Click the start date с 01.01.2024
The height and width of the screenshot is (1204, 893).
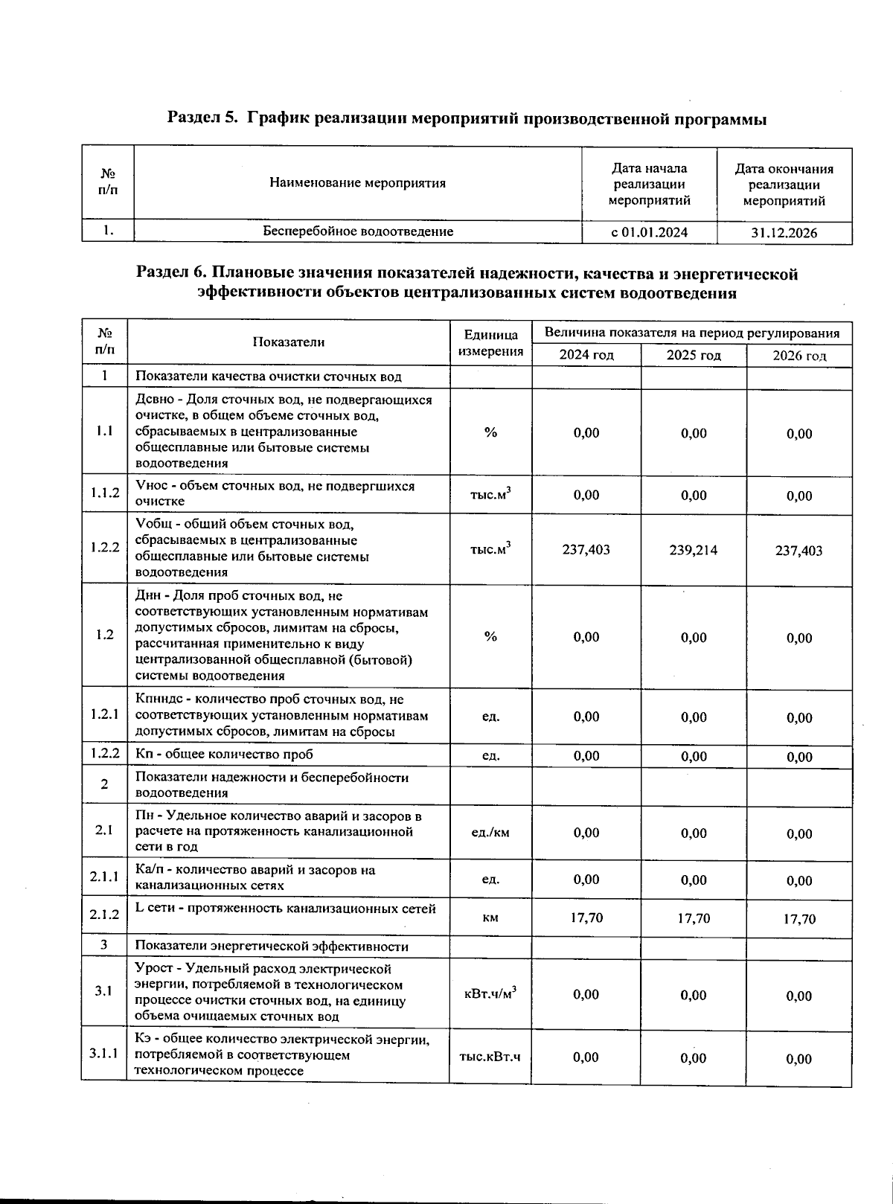(x=649, y=232)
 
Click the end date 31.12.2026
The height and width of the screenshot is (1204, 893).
(x=784, y=233)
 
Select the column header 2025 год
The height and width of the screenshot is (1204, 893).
(x=694, y=356)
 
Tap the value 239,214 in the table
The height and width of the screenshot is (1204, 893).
(x=694, y=550)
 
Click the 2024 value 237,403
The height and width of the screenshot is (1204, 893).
(x=586, y=549)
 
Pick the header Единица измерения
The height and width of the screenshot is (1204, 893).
(x=490, y=343)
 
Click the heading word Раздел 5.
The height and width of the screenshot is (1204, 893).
(x=202, y=118)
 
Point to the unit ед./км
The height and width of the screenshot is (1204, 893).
(x=490, y=833)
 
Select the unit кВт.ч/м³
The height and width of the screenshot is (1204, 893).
(x=490, y=994)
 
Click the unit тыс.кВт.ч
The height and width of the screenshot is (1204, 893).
(x=490, y=1057)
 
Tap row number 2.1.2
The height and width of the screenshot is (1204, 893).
(x=104, y=915)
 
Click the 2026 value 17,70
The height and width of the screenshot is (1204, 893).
(x=799, y=919)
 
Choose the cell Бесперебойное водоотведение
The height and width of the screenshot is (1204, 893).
(x=358, y=231)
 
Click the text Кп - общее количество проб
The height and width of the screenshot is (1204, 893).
(x=224, y=754)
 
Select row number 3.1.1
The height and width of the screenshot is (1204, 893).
(x=104, y=1054)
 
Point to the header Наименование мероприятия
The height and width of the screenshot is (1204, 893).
(x=357, y=183)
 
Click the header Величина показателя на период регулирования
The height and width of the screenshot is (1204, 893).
(x=692, y=333)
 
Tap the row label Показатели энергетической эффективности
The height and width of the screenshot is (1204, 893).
(x=272, y=947)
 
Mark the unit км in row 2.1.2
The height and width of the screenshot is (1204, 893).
(x=490, y=918)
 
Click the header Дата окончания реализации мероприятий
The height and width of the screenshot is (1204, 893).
(x=784, y=185)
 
